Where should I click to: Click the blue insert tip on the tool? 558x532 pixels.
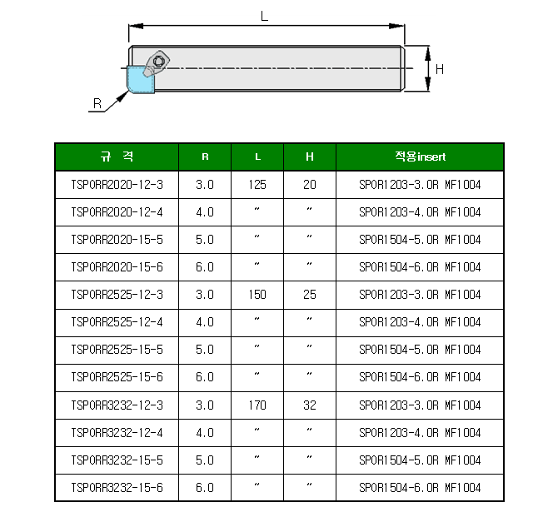click(140, 80)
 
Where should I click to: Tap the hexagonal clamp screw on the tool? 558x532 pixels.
click(158, 62)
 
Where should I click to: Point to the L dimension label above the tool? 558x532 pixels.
click(264, 16)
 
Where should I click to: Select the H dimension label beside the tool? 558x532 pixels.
click(440, 69)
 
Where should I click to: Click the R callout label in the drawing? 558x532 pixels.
click(97, 103)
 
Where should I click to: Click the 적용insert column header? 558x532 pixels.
click(420, 157)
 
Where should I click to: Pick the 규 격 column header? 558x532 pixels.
click(117, 157)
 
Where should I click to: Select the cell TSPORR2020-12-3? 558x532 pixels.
click(117, 185)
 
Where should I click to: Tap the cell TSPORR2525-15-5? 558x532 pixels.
click(117, 350)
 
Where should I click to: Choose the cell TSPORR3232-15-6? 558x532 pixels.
click(117, 488)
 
